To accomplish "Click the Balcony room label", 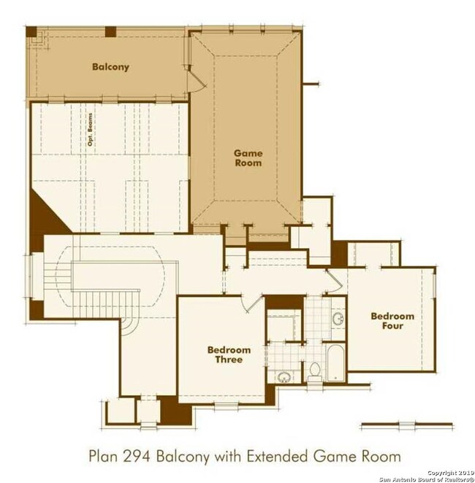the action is pyautogui.click(x=110, y=67).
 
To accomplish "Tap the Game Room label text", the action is pyautogui.click(x=248, y=158).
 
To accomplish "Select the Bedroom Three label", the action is pyautogui.click(x=229, y=355).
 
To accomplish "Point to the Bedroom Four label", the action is pyautogui.click(x=392, y=321).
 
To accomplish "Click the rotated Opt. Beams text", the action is pyautogui.click(x=90, y=129).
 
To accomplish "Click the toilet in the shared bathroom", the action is pyautogui.click(x=315, y=371).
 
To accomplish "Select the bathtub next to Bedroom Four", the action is pyautogui.click(x=335, y=363).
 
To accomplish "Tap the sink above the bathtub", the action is pyautogui.click(x=338, y=319).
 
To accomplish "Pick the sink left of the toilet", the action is pyautogui.click(x=284, y=377).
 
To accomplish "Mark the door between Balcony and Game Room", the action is pyautogui.click(x=196, y=79).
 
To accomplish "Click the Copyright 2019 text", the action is pyautogui.click(x=450, y=472).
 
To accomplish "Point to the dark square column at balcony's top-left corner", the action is pyautogui.click(x=31, y=32).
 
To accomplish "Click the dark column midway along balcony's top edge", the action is pyautogui.click(x=111, y=32).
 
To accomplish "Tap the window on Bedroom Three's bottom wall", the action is pyautogui.click(x=226, y=405).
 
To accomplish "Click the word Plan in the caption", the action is pyautogui.click(x=103, y=456).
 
